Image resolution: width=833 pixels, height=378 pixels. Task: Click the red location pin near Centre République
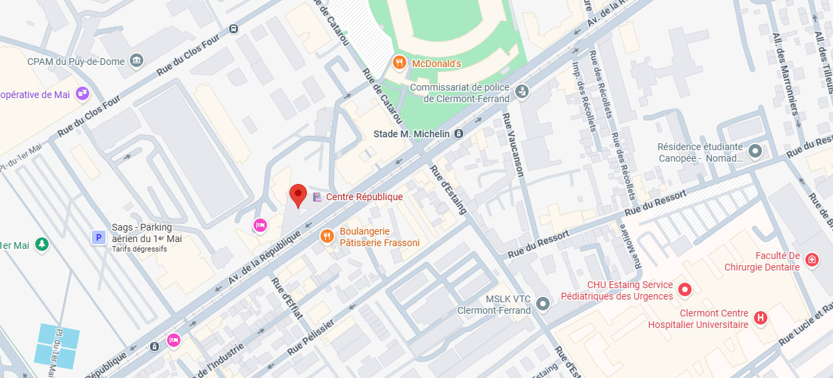[298, 195]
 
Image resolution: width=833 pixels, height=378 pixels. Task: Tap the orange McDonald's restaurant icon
[400, 63]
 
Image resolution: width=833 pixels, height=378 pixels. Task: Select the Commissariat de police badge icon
[521, 91]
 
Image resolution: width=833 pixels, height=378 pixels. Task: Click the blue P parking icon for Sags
[98, 237]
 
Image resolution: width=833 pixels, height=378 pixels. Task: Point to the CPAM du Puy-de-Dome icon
[137, 61]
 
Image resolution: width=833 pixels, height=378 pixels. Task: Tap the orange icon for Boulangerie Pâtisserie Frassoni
[327, 236]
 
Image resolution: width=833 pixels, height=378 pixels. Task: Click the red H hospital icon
[761, 318]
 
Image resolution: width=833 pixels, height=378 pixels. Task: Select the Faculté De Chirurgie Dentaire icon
[812, 260]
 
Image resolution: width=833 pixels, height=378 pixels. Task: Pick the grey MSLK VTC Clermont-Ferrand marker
[543, 304]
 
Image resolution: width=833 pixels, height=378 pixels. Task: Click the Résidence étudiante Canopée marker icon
[755, 151]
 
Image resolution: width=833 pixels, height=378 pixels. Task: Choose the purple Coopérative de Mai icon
[82, 93]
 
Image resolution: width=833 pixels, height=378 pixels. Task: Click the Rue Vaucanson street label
[513, 145]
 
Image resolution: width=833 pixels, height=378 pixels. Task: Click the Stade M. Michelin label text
[411, 134]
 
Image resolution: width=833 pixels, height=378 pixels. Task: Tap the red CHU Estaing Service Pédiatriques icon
[685, 290]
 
